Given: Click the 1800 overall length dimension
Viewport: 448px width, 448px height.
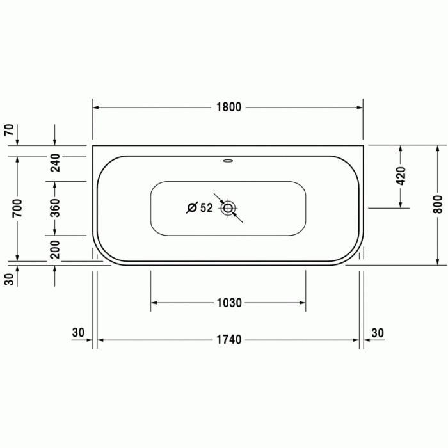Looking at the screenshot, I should click(228, 108).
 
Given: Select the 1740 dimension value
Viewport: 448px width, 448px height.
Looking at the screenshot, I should click(228, 340).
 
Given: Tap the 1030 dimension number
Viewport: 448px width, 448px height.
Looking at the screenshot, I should click(228, 303).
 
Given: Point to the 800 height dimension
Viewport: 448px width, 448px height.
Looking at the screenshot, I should click(437, 204).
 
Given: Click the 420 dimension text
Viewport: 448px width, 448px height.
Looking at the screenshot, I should click(401, 176).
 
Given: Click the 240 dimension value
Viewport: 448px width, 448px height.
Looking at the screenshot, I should click(55, 163).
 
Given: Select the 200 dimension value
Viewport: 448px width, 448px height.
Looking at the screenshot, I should click(55, 249).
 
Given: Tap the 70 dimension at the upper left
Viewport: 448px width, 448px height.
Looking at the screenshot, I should click(9, 130).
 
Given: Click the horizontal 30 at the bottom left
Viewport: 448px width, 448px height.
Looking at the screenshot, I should click(78, 332).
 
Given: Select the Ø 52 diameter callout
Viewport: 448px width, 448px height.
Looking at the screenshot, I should click(199, 208).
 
